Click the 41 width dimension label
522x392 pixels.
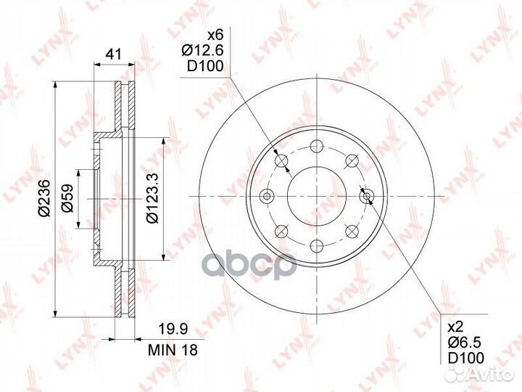click(x=114, y=54)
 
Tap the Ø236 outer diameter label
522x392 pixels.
click(x=45, y=197)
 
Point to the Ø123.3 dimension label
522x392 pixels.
click(x=152, y=198)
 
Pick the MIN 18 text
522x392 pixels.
click(x=173, y=350)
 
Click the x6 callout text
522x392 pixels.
click(x=216, y=35)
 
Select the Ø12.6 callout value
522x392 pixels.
click(x=202, y=51)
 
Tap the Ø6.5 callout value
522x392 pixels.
click(x=465, y=343)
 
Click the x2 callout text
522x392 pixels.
click(x=456, y=327)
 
